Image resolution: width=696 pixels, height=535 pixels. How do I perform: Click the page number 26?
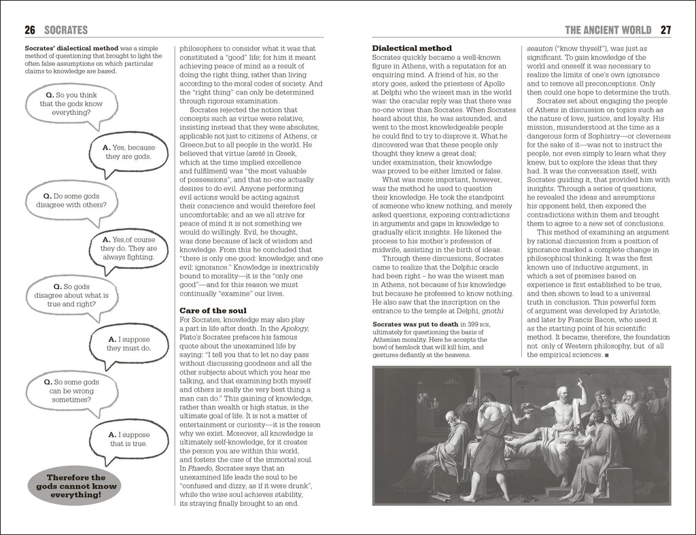tap(30, 30)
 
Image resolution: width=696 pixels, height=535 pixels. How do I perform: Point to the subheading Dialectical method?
tap(412, 48)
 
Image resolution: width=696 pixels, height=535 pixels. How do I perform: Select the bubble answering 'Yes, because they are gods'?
tap(126, 152)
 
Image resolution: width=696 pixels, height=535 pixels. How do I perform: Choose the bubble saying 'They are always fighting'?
tap(127, 249)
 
